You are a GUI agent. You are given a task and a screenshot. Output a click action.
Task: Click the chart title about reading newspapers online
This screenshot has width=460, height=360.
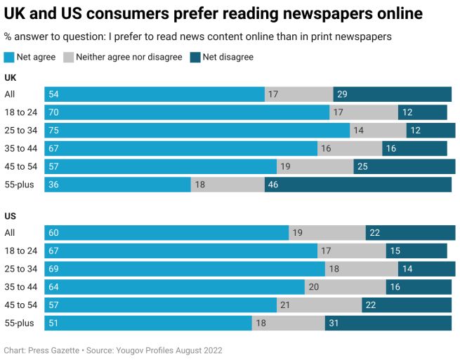tap(213, 13)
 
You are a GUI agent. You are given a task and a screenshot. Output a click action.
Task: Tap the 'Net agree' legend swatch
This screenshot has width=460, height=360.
tap(9, 57)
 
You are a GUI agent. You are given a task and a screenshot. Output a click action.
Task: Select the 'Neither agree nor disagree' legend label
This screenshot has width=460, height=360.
tap(129, 57)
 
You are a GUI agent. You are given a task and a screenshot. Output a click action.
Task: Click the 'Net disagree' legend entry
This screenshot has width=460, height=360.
tap(228, 57)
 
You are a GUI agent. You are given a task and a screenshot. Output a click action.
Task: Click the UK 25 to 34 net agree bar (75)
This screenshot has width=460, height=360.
tap(197, 131)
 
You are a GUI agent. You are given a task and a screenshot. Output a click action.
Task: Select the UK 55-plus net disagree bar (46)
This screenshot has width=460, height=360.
tap(357, 185)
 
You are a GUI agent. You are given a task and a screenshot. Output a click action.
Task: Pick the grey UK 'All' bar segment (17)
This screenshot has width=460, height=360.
tap(298, 95)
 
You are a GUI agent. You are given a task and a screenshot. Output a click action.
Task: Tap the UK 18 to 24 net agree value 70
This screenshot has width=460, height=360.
tap(53, 112)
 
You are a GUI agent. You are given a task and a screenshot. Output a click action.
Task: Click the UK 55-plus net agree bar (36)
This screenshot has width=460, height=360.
tap(117, 185)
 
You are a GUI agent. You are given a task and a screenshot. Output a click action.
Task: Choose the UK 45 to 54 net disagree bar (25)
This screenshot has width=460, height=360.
tap(404, 166)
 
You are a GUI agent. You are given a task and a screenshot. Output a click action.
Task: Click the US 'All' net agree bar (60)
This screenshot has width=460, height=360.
tap(166, 233)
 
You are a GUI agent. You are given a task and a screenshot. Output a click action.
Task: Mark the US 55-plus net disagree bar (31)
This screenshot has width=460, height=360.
tap(388, 323)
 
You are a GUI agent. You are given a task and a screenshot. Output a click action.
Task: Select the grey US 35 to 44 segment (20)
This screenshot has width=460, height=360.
tap(345, 287)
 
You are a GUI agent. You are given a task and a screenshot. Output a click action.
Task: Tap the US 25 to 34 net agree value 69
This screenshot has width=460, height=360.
tap(53, 269)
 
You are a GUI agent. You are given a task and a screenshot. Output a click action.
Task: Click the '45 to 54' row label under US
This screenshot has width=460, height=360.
tap(20, 305)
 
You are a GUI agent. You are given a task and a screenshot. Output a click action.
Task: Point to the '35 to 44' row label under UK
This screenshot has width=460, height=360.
tap(20, 149)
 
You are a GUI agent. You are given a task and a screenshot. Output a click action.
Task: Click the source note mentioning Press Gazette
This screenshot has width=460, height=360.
tap(117, 349)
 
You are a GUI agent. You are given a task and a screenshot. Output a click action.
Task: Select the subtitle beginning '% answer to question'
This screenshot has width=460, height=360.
tap(197, 36)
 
